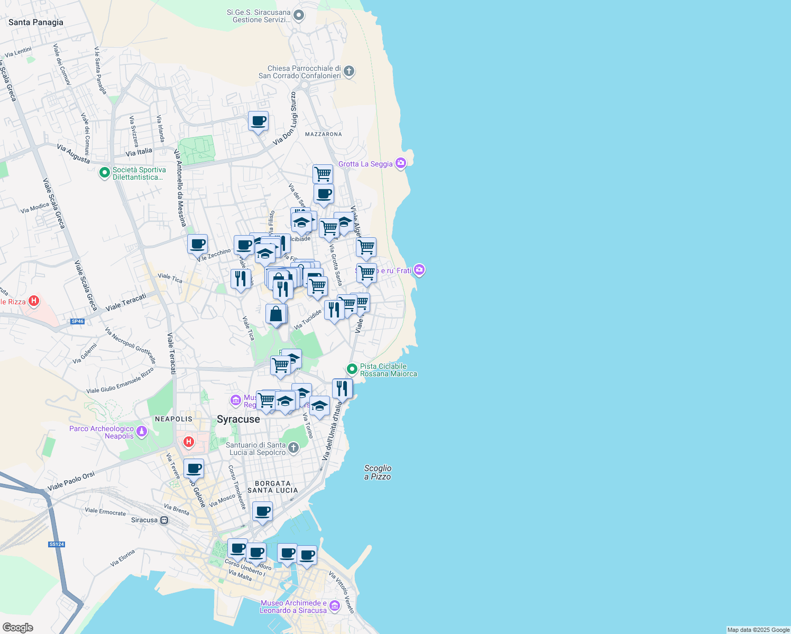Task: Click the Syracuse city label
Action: click(238, 419)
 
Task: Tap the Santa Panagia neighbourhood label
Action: click(36, 22)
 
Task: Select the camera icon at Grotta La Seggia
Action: click(401, 163)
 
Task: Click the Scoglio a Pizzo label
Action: click(378, 472)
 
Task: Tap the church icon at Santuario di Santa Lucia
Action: click(293, 449)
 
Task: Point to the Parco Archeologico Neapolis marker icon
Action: click(141, 432)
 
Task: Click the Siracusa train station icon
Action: click(164, 520)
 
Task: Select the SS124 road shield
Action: click(56, 544)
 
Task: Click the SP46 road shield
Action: click(78, 321)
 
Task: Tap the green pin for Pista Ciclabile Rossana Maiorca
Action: click(352, 369)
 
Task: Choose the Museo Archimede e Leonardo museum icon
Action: click(334, 606)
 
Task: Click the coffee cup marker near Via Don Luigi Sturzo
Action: click(259, 121)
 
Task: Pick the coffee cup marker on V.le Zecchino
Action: click(197, 244)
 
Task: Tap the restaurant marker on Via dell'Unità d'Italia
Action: click(342, 388)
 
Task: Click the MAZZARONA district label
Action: click(323, 134)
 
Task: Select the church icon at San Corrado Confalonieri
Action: click(348, 71)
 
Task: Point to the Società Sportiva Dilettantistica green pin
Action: click(105, 172)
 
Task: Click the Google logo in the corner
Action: click(17, 628)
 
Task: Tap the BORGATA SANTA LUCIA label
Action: click(273, 487)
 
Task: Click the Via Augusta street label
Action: click(73, 154)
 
